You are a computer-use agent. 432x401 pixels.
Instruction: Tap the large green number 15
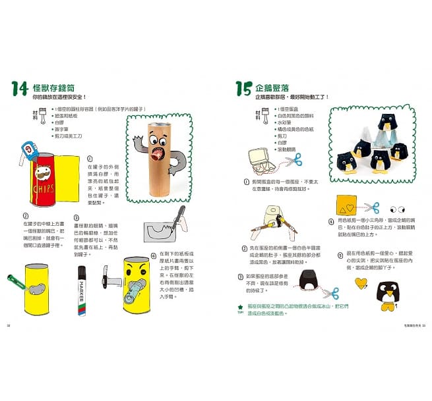point(243,88)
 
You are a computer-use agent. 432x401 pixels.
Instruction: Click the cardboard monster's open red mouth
point(158,155)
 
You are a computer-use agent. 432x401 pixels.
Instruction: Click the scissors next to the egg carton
point(296,159)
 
